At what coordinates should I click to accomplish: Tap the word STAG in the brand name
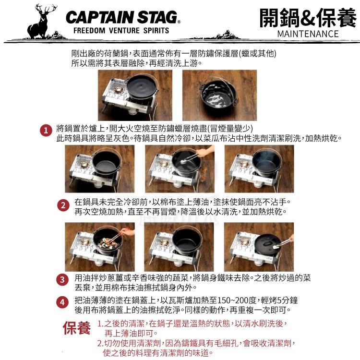tap(157, 17)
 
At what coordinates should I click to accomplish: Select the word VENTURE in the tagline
tap(124, 30)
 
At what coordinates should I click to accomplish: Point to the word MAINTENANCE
tap(308, 34)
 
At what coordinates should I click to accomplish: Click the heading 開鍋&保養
tap(308, 18)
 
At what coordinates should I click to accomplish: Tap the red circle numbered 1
tap(46, 131)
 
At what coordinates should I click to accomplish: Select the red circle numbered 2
tap(63, 205)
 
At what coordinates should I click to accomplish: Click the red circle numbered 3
tap(62, 280)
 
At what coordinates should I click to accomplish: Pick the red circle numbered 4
tap(62, 302)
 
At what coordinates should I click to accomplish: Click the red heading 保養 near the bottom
tap(77, 328)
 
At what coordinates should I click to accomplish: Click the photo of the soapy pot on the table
tap(219, 96)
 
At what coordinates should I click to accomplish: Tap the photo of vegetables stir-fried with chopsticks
tap(100, 247)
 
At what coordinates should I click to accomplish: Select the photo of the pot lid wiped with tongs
tap(259, 247)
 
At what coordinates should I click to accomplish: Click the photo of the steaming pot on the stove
tap(259, 169)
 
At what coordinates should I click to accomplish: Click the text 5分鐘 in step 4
tap(288, 300)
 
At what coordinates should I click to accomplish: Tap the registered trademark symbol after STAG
tap(179, 22)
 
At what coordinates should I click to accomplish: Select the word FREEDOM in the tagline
tap(89, 30)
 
